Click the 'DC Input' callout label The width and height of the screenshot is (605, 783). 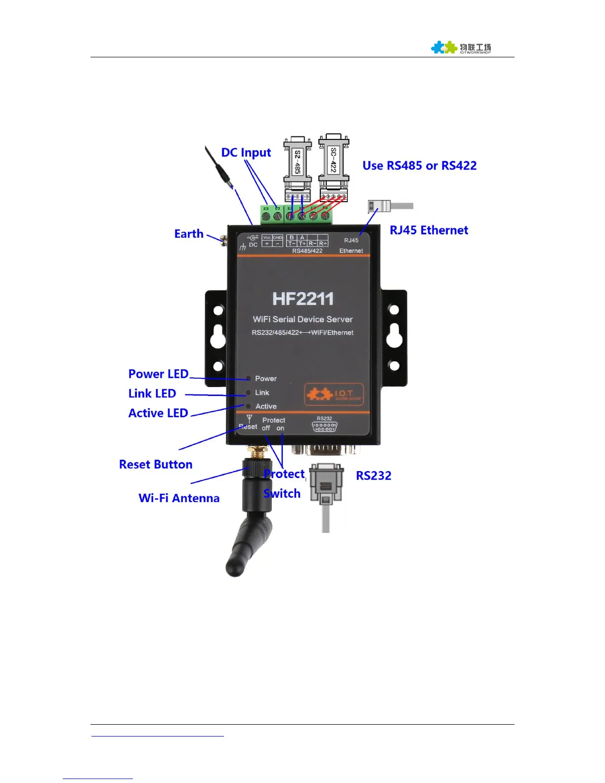point(246,153)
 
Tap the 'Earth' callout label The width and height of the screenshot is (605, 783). point(189,234)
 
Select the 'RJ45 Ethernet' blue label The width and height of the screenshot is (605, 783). point(429,230)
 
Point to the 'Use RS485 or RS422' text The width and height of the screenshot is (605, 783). point(419,166)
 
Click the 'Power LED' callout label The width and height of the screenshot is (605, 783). point(158,374)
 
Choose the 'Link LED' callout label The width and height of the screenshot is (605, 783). point(152,393)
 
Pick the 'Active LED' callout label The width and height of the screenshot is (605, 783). point(158,413)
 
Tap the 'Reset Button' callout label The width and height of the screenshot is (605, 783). point(156,465)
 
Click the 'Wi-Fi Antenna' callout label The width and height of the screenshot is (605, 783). point(179,498)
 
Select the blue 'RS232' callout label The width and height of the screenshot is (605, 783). point(374,476)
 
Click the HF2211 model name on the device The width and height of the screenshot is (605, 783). point(303,299)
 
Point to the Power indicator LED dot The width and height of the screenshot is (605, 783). point(249,379)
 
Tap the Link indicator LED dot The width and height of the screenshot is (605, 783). point(249,393)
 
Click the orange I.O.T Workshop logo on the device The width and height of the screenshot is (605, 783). point(334,394)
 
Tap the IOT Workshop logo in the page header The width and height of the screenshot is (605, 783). point(461,48)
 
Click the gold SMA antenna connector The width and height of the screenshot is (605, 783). point(257,452)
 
